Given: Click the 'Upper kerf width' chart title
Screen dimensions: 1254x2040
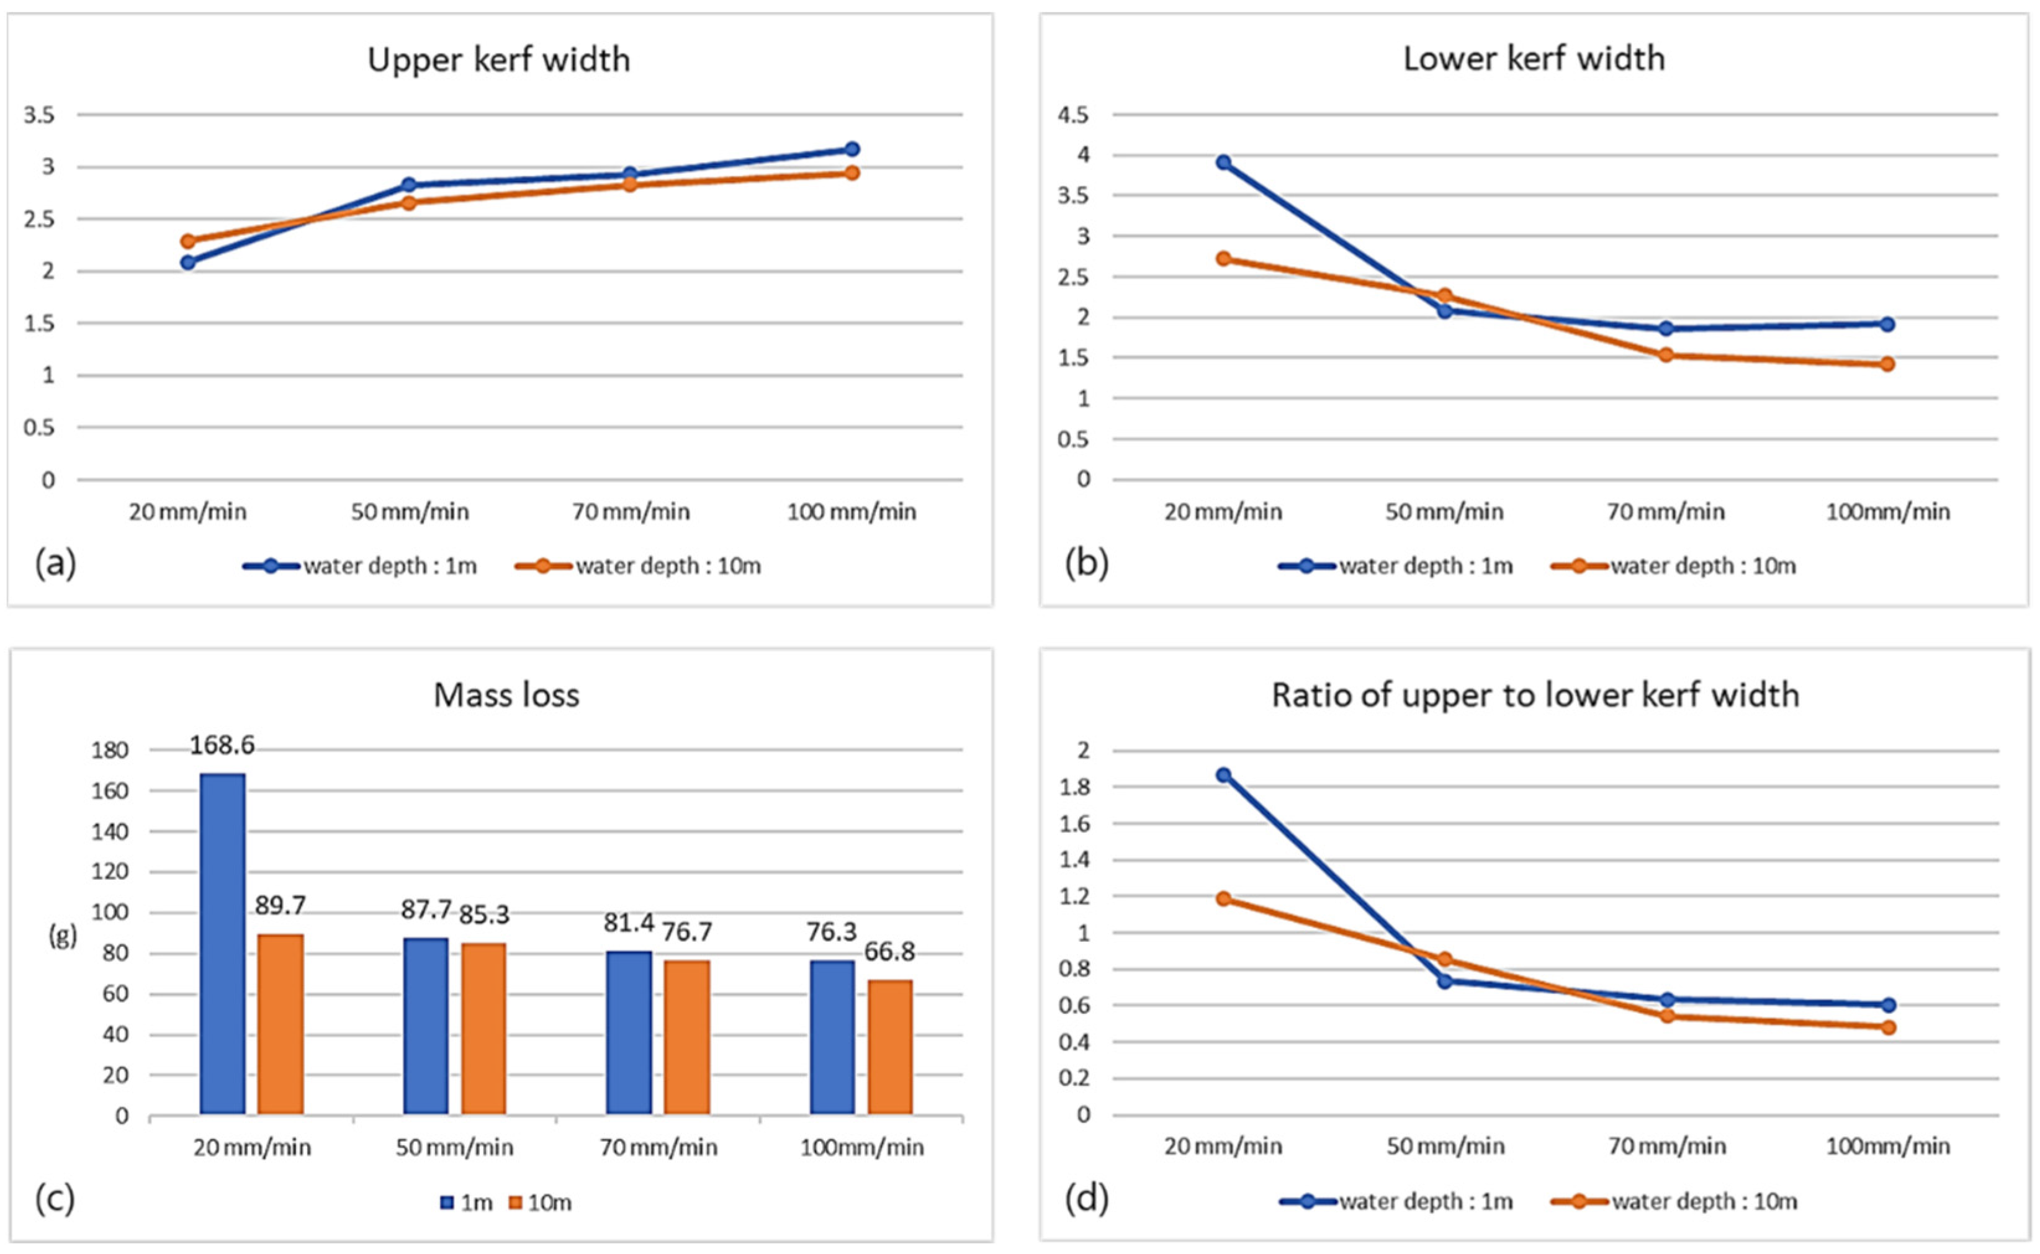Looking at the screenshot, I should click(x=498, y=60).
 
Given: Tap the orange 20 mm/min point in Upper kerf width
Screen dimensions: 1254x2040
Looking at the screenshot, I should click(x=188, y=241).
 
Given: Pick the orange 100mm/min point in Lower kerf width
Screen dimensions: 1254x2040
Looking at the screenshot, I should click(x=1888, y=364).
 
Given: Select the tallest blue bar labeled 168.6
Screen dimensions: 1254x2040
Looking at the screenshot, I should click(x=222, y=943).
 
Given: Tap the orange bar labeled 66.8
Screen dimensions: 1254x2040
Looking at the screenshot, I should click(x=890, y=1047).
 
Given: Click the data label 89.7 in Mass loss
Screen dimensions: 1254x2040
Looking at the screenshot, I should click(x=281, y=906).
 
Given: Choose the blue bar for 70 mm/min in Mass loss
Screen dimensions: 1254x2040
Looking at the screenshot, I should click(x=629, y=1032).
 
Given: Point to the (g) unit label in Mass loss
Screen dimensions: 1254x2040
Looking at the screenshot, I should click(x=64, y=937).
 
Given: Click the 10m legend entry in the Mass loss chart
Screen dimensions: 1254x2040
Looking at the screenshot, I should click(x=540, y=1202).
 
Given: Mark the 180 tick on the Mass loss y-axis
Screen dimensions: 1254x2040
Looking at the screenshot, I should click(x=110, y=751).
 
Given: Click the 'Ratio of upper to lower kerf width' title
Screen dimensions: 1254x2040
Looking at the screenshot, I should click(x=1535, y=695).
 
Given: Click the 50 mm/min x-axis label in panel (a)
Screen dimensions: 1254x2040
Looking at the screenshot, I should click(x=410, y=512).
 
